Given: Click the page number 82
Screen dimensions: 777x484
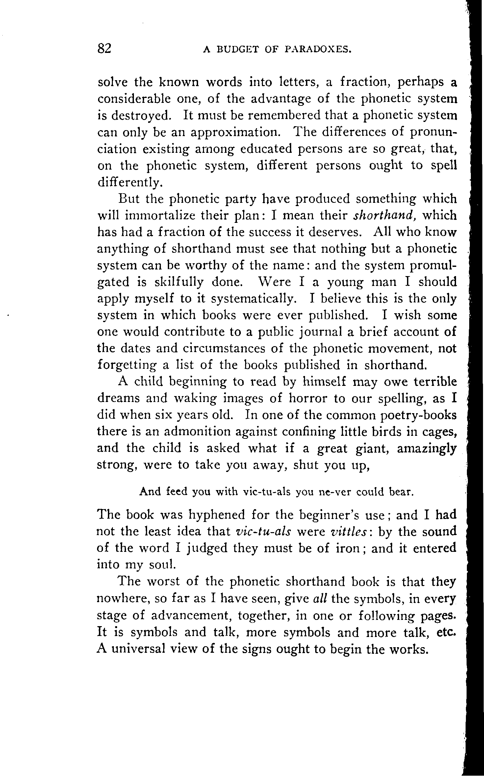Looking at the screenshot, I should point(105,48).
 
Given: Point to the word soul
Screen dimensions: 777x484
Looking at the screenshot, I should point(161,565).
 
